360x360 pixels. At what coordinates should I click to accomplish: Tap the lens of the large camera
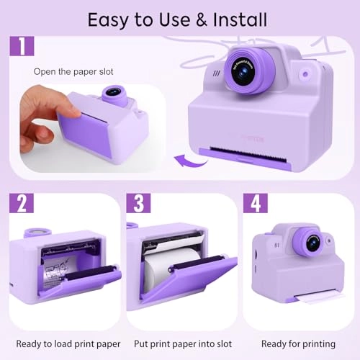coord(242,71)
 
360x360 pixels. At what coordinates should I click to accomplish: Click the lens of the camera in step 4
coord(313,243)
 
